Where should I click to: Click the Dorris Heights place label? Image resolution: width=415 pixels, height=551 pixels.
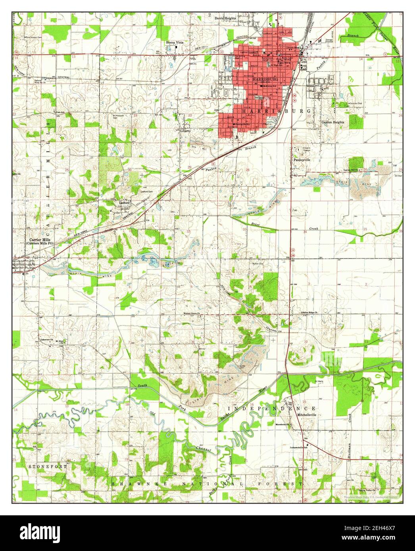point(225,18)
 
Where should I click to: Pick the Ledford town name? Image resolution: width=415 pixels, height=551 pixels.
point(125,201)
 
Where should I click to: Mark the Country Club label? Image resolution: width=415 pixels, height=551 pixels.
point(355,104)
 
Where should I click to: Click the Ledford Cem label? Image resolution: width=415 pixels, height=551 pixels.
point(147,191)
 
